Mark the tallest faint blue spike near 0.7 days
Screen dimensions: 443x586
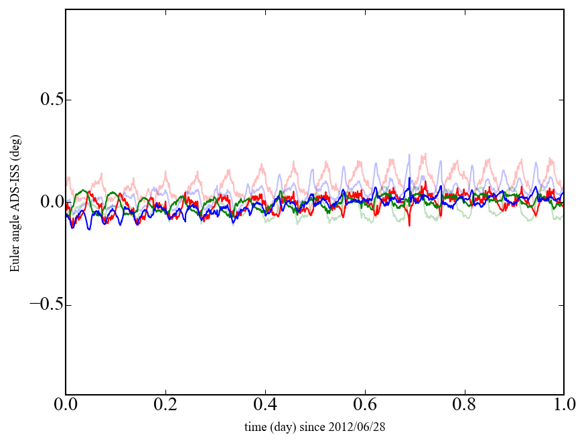(409, 155)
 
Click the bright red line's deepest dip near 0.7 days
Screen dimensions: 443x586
(409, 225)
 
